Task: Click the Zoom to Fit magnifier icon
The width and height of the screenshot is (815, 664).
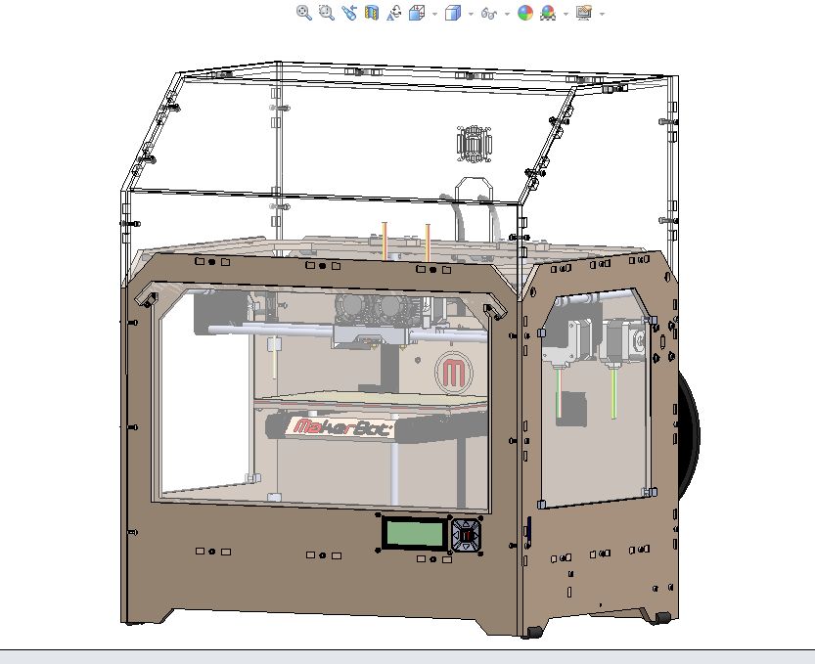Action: pyautogui.click(x=304, y=13)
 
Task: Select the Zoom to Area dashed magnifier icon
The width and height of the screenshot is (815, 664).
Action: pyautogui.click(x=327, y=13)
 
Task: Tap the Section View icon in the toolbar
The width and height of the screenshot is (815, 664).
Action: pyautogui.click(x=371, y=13)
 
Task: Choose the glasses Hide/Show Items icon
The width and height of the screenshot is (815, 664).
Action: pyautogui.click(x=488, y=13)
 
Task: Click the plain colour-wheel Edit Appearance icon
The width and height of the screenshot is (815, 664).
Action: pyautogui.click(x=525, y=13)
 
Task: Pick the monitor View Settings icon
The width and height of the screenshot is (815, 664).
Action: pyautogui.click(x=584, y=13)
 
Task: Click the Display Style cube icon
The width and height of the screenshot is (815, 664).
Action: pyautogui.click(x=453, y=13)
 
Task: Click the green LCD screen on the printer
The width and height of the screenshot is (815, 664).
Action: pyautogui.click(x=414, y=533)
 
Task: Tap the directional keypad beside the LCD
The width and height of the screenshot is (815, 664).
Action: pyautogui.click(x=466, y=535)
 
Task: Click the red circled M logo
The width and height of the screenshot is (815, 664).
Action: pyautogui.click(x=454, y=372)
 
